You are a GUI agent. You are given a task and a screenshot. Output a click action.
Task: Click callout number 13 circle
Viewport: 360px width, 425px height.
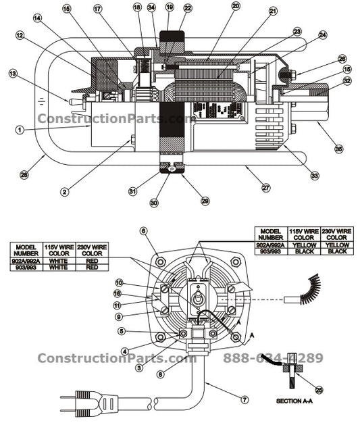(12, 73)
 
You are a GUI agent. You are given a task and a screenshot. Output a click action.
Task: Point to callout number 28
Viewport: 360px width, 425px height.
(24, 175)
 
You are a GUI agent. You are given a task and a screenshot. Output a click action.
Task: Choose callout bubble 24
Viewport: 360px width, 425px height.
(322, 34)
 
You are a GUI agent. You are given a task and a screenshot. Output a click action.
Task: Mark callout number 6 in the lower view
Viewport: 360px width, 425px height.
(143, 231)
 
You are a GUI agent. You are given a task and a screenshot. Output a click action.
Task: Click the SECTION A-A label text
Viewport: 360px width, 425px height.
(293, 401)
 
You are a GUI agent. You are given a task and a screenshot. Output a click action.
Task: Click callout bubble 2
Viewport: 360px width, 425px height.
(64, 191)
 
